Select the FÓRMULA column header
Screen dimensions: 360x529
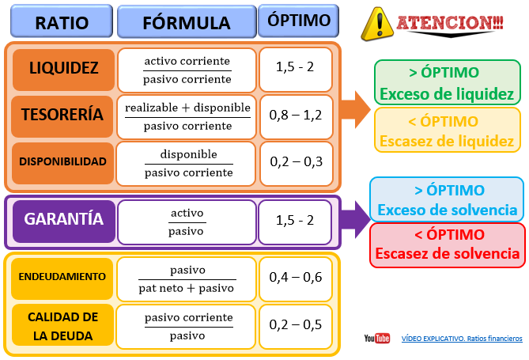pyautogui.click(x=187, y=21)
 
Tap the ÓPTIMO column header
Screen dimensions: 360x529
pyautogui.click(x=295, y=20)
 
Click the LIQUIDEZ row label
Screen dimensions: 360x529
pyautogui.click(x=63, y=68)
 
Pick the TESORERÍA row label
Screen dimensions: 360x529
pyautogui.click(x=63, y=115)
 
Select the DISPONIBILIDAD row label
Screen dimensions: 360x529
pyautogui.click(x=63, y=161)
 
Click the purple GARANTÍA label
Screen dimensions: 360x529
pyautogui.click(x=63, y=220)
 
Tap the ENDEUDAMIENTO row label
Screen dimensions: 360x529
pyautogui.click(x=62, y=277)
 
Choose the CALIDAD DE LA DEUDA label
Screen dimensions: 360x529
pyautogui.click(x=62, y=326)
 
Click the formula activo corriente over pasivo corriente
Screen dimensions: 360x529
pyautogui.click(x=187, y=70)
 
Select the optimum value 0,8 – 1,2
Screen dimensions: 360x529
pyautogui.click(x=296, y=116)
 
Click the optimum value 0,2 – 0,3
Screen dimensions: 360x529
pyautogui.click(x=296, y=161)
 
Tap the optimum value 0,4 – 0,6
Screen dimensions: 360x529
pyautogui.click(x=296, y=277)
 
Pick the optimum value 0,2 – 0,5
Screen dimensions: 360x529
pyautogui.click(x=296, y=325)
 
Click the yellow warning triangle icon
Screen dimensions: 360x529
pyautogui.click(x=377, y=24)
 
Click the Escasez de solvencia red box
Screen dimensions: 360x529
pyautogui.click(x=447, y=244)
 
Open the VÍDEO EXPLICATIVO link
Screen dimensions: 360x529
pyautogui.click(x=462, y=339)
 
